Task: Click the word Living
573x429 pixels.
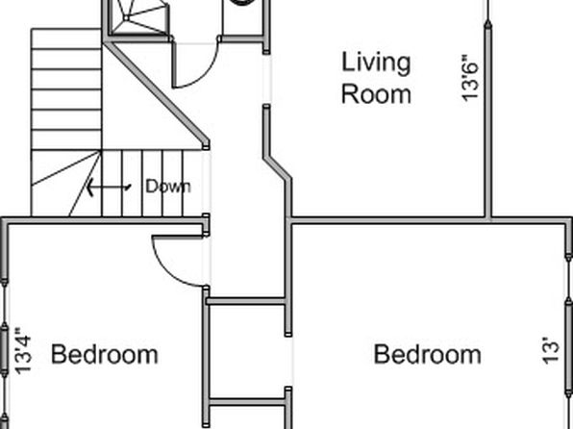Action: pos(376,63)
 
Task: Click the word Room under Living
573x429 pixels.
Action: pos(376,94)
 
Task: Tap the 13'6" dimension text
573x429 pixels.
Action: pos(470,78)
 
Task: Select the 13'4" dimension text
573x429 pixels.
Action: pos(23,351)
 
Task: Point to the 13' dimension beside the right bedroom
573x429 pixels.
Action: pos(550,351)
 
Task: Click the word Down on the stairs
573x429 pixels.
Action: pos(168,187)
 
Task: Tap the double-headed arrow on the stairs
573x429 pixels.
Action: pos(109,188)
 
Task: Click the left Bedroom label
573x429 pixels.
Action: pos(105,354)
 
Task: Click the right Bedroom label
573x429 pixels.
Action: pos(427,354)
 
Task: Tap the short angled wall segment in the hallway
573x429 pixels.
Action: pos(277,168)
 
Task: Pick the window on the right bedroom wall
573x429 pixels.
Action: pos(568,329)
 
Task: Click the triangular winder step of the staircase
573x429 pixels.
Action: pos(65,183)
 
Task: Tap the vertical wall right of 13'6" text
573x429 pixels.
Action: pos(488,120)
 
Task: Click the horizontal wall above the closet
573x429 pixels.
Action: pos(245,301)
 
